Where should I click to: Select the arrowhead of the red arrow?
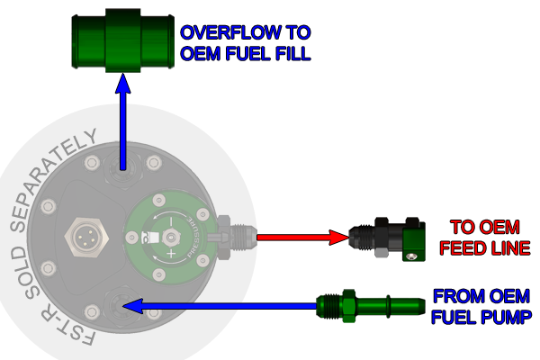337,238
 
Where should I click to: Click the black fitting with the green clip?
388,238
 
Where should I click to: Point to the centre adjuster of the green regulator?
168,237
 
